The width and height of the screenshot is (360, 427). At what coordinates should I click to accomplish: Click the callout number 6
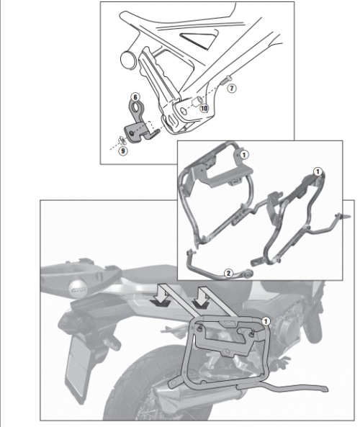coord(135,97)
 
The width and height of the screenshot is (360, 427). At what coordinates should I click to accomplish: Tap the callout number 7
coord(231,89)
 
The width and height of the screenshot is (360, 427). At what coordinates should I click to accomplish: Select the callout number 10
coord(204,108)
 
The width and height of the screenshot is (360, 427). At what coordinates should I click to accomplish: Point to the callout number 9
coord(123,150)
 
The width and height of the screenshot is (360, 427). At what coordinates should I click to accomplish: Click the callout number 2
coord(228,273)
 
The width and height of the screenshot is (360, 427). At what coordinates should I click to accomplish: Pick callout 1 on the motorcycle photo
coord(266,321)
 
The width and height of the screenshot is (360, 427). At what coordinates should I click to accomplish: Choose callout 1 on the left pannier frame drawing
coord(244,155)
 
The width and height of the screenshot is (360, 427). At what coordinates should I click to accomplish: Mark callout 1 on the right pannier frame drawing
coord(318,172)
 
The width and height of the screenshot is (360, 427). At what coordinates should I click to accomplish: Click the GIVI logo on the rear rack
coord(78,289)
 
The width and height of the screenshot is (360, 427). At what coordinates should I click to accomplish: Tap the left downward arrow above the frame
coord(161,295)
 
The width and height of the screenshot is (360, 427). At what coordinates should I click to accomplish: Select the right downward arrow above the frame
coord(201,297)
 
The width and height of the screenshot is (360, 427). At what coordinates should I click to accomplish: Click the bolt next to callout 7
coord(226,80)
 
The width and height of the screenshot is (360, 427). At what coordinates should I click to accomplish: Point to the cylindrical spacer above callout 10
coord(197,102)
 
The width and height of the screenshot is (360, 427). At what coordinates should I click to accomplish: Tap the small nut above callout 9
coord(122,140)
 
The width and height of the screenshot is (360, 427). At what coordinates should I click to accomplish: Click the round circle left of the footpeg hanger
coord(128,60)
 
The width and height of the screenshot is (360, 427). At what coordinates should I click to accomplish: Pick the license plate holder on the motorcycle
coord(77,365)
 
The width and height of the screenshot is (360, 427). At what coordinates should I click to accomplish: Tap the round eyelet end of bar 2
coord(248,274)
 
